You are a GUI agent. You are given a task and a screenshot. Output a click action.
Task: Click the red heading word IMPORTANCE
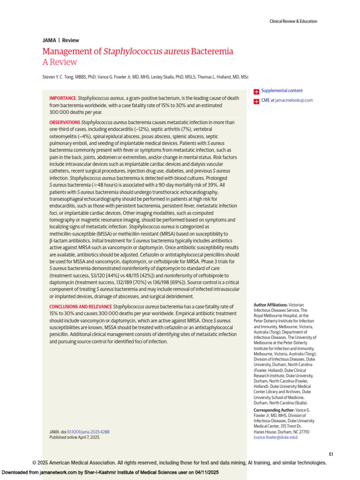(x=63, y=98)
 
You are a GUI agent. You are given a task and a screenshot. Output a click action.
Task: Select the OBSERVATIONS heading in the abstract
(x=65, y=122)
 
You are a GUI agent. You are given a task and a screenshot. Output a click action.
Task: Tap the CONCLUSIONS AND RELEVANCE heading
(x=81, y=306)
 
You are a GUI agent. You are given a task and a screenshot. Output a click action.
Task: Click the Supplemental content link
(x=282, y=90)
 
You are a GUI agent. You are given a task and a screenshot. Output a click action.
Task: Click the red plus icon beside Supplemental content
(x=256, y=91)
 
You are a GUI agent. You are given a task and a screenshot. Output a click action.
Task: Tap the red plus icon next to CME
(x=256, y=101)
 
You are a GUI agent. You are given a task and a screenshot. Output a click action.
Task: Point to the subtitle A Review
(x=60, y=62)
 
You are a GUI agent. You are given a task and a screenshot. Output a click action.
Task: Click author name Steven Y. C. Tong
(x=58, y=76)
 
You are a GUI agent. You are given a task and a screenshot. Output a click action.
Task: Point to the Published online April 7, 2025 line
(x=75, y=437)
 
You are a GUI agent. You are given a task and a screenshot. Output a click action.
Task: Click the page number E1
(x=330, y=454)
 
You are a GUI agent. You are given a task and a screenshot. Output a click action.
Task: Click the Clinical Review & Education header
(x=293, y=21)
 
